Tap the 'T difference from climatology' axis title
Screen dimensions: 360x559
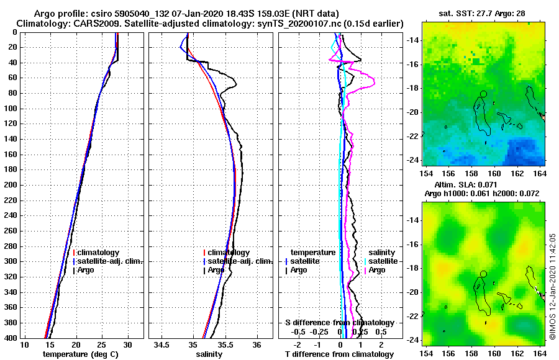(x=339, y=354)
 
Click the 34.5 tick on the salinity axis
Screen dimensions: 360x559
(x=162, y=344)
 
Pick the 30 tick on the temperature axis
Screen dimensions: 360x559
(x=127, y=344)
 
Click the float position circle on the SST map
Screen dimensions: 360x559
(x=483, y=94)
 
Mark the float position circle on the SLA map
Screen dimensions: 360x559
(x=483, y=274)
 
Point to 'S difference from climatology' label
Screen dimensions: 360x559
(x=339, y=323)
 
